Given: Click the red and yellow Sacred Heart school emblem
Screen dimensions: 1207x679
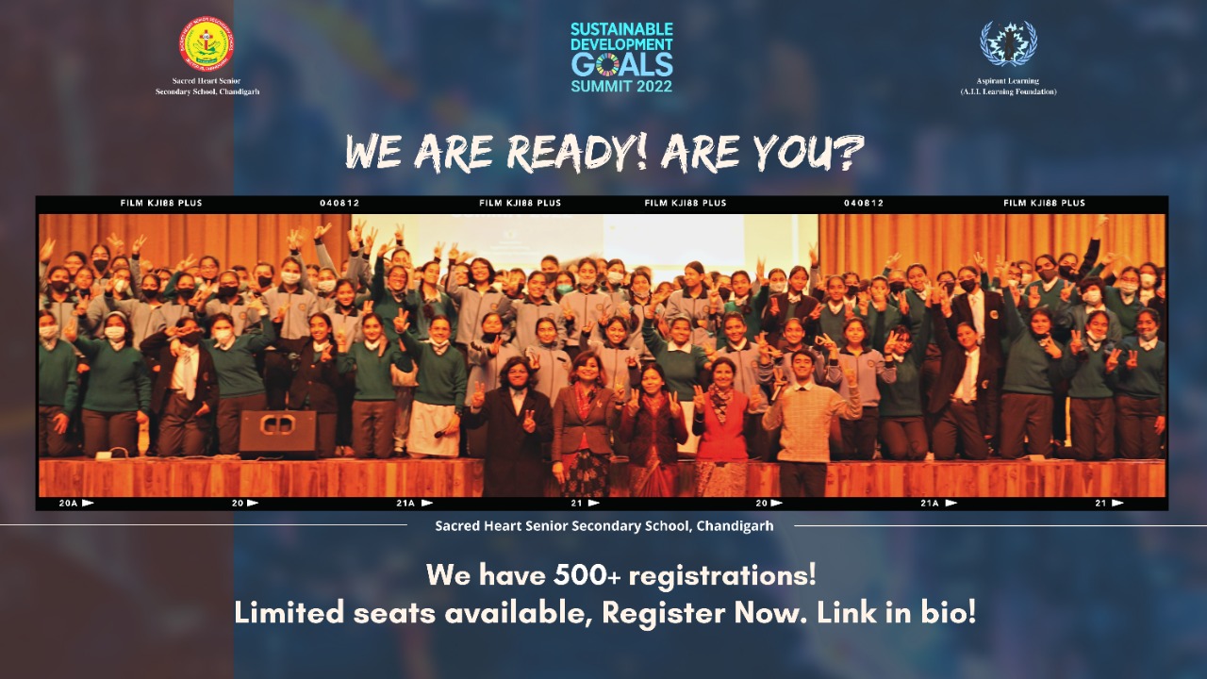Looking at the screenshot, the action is pyautogui.click(x=207, y=43).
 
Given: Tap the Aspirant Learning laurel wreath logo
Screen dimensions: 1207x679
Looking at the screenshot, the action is pyautogui.click(x=1008, y=44).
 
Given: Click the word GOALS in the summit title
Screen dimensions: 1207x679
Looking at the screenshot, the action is pyautogui.click(x=621, y=65).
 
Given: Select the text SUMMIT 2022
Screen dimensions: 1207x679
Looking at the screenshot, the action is pyautogui.click(x=621, y=86).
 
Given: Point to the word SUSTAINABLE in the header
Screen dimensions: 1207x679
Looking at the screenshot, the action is pyautogui.click(x=621, y=29).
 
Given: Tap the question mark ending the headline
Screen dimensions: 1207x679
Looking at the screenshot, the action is pyautogui.click(x=848, y=153).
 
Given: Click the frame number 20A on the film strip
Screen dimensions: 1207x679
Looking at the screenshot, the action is pyautogui.click(x=69, y=503).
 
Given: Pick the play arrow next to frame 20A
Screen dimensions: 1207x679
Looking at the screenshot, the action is pyautogui.click(x=88, y=503).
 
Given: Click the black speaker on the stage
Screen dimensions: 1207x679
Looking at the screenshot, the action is pyautogui.click(x=277, y=434).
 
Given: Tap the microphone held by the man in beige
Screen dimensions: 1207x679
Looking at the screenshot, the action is pyautogui.click(x=777, y=389).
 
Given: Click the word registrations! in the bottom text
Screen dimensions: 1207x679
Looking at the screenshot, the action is pyautogui.click(x=722, y=575).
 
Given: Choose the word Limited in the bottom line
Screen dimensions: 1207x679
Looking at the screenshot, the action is pyautogui.click(x=289, y=613).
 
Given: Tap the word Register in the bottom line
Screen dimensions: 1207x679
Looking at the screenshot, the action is pyautogui.click(x=663, y=614).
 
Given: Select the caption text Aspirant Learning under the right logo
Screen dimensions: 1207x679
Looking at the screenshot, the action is pyautogui.click(x=1008, y=81).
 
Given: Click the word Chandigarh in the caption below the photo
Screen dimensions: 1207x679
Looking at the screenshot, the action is pyautogui.click(x=735, y=525).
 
